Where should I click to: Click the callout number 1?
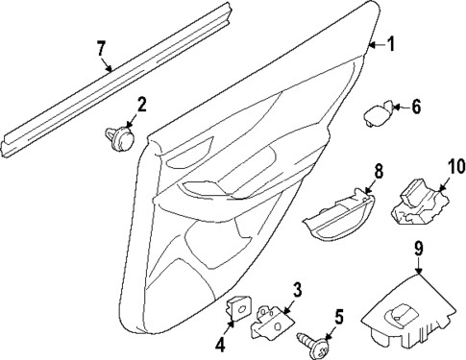tap(390, 43)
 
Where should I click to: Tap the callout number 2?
tap(140, 105)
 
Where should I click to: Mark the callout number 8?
tap(378, 172)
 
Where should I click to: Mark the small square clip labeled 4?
tap(236, 308)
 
